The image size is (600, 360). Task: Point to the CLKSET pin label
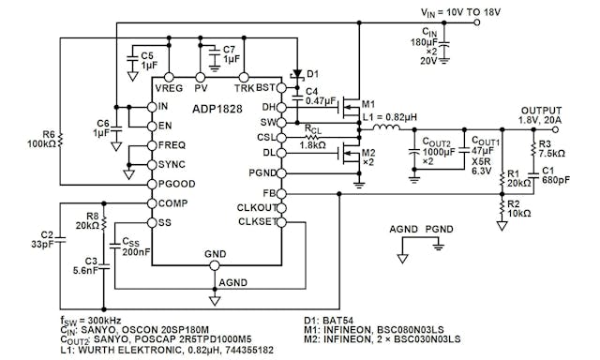point(256,222)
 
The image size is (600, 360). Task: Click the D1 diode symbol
point(298,74)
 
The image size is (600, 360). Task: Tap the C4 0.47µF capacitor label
point(321,95)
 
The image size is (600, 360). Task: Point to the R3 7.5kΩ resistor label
point(550,150)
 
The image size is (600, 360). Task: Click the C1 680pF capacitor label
point(551,176)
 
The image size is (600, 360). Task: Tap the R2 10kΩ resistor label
point(518,208)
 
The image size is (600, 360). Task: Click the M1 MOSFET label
point(368,103)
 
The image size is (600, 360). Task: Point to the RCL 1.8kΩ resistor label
point(313,138)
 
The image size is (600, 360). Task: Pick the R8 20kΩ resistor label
point(85,219)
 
